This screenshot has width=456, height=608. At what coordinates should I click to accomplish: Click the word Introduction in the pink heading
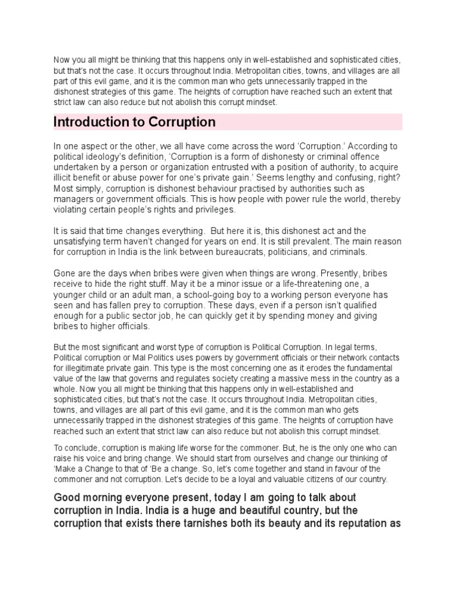(x=90, y=122)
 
